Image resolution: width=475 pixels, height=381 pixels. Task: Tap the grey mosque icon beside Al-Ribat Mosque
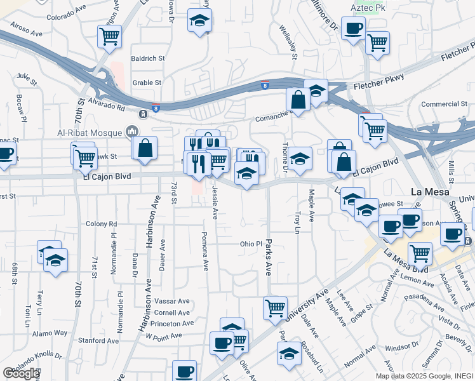click(x=133, y=131)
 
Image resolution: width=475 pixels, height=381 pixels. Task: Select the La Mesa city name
click(x=430, y=192)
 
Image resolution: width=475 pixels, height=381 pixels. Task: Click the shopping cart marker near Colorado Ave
click(x=110, y=36)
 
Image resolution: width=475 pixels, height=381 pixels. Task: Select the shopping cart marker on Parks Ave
click(x=275, y=309)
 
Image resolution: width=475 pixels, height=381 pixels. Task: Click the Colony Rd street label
click(x=102, y=224)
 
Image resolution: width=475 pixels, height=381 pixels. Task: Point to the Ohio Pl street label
click(x=251, y=244)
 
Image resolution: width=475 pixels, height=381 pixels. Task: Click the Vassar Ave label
click(x=172, y=301)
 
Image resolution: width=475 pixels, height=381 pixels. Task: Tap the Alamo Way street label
click(x=50, y=333)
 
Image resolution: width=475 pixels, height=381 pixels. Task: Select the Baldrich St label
click(x=148, y=58)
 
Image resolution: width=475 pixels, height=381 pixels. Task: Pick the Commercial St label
click(x=445, y=104)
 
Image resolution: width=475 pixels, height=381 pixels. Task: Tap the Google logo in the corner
click(x=21, y=373)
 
